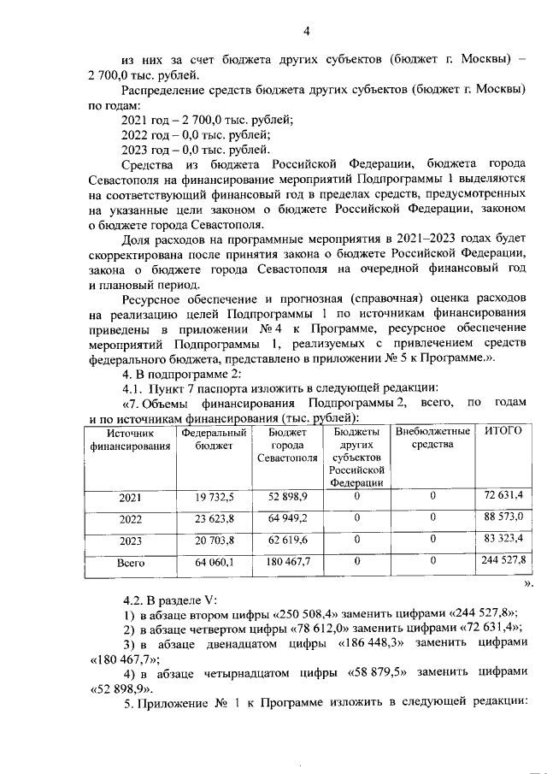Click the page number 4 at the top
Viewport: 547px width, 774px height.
(306, 32)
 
